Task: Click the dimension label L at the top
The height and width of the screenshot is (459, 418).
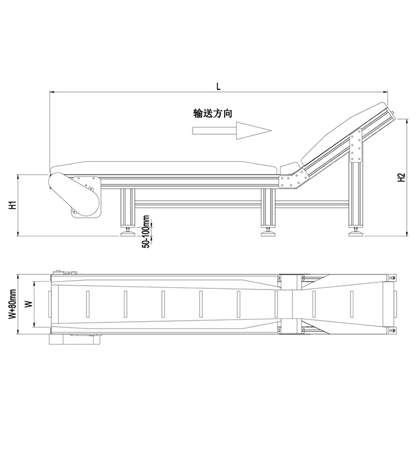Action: [x=218, y=86]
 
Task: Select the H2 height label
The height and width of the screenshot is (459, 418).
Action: [x=401, y=177]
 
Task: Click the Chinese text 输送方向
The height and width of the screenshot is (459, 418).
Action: [x=212, y=113]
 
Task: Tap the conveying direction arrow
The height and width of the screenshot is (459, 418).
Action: [x=231, y=131]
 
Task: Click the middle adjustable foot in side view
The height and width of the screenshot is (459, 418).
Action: [x=268, y=232]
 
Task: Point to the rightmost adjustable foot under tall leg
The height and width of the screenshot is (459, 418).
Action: [x=355, y=232]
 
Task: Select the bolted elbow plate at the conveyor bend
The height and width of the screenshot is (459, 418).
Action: [x=292, y=180]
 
